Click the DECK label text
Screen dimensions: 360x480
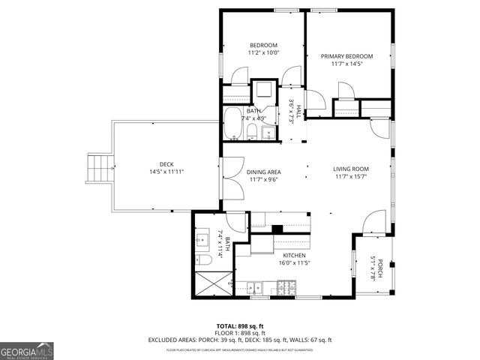[x=166, y=164]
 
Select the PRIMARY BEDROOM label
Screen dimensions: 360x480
[x=346, y=56]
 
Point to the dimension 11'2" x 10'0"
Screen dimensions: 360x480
[x=263, y=53]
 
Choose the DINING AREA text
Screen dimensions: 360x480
[x=263, y=172]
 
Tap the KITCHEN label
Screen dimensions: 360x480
[x=272, y=256]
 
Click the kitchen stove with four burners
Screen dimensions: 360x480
[x=287, y=286]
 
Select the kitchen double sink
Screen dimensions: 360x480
[x=256, y=286]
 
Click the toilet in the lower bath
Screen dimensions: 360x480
[x=202, y=259]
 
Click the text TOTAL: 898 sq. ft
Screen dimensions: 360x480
[x=239, y=326]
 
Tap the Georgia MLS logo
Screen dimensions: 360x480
[x=27, y=350]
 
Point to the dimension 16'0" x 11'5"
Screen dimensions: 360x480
[x=272, y=263]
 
